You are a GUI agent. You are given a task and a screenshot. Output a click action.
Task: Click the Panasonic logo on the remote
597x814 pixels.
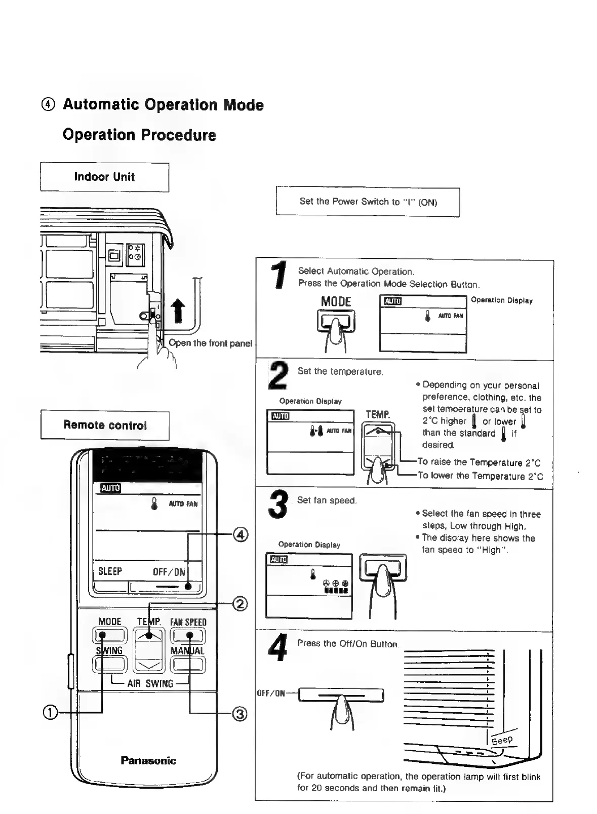148,760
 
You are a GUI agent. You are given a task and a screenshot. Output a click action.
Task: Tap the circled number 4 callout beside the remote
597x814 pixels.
241,535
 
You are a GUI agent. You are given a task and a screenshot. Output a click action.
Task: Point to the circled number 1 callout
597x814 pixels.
50,712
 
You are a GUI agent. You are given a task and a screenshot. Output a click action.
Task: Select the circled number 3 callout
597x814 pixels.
240,714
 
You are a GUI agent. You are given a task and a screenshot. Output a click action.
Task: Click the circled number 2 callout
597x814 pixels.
241,604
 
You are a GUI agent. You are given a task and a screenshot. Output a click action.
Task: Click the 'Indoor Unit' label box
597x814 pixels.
104,177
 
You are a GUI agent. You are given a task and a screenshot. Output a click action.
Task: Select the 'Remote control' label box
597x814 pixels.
105,425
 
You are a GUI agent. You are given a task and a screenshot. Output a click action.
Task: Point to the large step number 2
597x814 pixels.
278,375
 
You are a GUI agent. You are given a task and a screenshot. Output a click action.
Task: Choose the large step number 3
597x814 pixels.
278,504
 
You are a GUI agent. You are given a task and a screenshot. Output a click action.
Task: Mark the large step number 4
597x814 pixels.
277,648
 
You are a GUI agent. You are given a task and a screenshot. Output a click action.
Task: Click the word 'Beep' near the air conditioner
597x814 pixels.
502,740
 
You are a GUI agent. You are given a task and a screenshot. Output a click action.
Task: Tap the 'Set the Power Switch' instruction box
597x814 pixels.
368,202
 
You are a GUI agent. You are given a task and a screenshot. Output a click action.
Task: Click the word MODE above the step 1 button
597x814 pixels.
336,302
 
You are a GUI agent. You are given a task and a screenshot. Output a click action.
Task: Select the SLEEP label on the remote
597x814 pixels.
110,571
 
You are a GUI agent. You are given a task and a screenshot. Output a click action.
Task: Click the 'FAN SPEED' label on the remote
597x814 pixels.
188,622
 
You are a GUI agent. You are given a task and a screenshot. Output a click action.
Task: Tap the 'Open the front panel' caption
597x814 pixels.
210,343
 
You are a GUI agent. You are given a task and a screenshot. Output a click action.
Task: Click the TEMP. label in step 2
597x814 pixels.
378,415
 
